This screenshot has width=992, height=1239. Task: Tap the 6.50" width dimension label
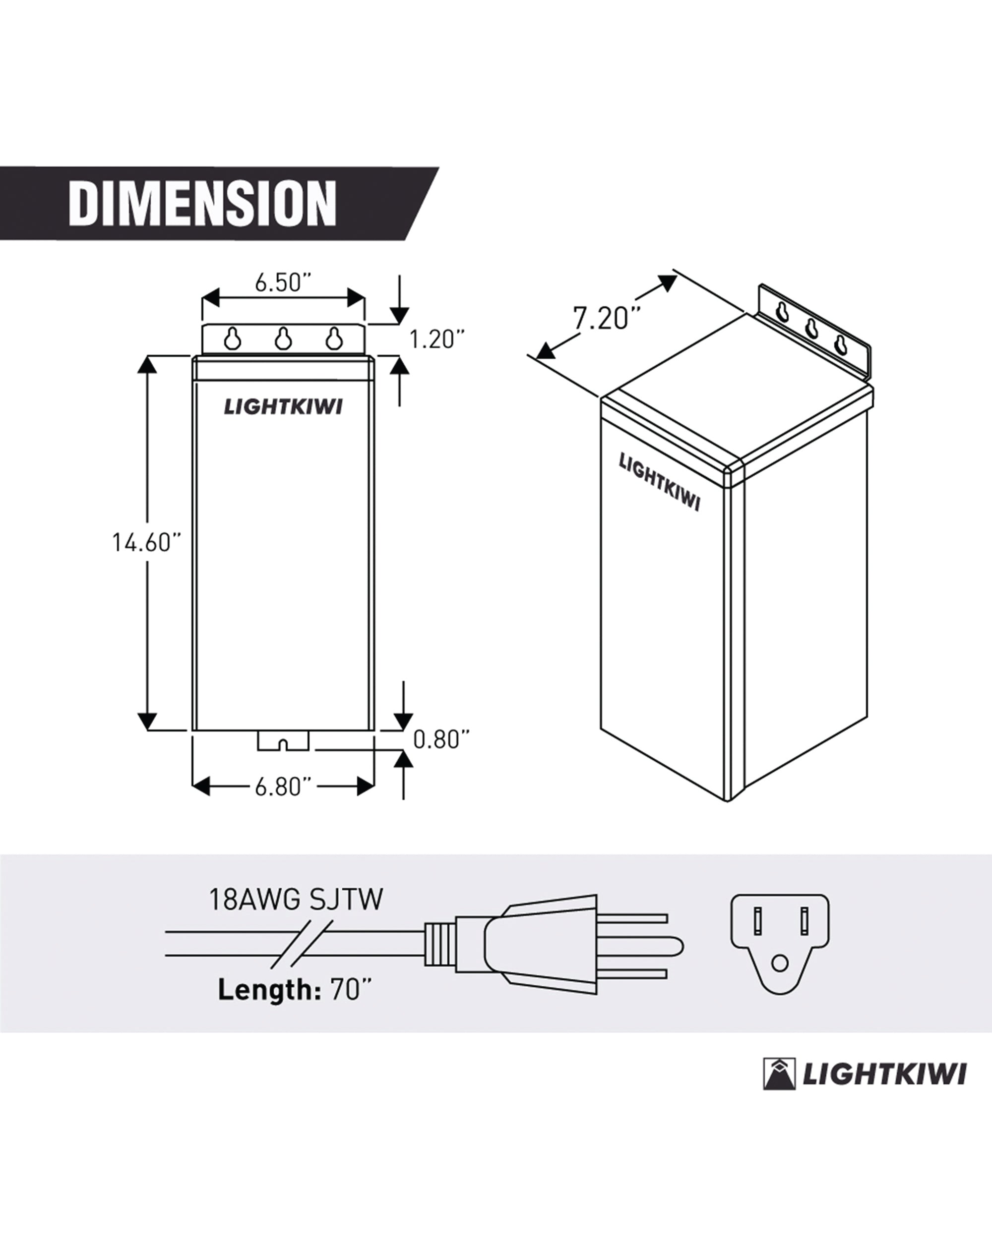(x=283, y=283)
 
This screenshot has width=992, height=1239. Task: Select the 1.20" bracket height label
(x=436, y=339)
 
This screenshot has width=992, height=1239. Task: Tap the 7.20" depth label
(x=609, y=318)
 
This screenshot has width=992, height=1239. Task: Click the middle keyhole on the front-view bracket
(x=282, y=338)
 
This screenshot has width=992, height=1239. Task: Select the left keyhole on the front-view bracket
(x=232, y=338)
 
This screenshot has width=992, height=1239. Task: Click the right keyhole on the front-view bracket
(x=333, y=338)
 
